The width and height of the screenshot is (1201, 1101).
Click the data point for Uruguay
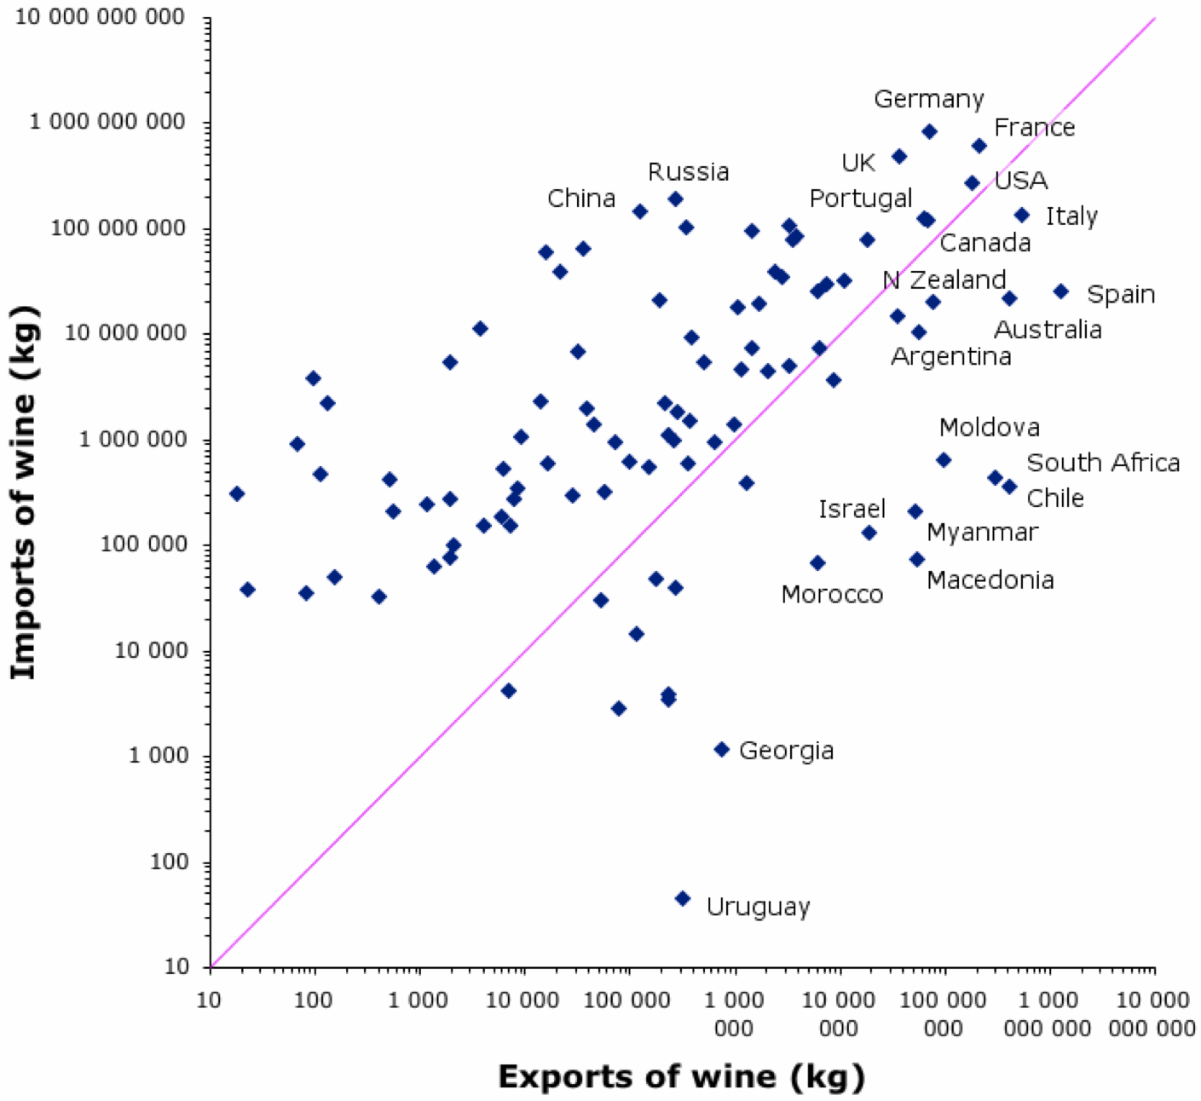point(683,898)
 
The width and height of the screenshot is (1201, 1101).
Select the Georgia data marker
point(722,749)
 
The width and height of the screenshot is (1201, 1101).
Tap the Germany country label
point(929,99)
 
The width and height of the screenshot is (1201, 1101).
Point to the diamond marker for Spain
point(1061,291)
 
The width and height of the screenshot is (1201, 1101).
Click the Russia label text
point(688,172)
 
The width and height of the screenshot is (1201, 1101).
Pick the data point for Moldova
point(944,460)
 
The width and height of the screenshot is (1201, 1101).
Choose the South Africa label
point(1103,463)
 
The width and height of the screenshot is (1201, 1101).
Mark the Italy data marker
point(1022,215)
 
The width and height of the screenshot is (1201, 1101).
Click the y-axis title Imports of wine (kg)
point(24,493)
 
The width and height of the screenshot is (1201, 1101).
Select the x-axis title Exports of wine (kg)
point(681,1076)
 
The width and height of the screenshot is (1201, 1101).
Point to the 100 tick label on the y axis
point(169,862)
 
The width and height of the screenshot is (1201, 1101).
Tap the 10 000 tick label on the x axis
point(523,1000)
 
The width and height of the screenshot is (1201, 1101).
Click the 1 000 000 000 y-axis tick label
point(107,122)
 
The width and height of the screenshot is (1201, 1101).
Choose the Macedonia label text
point(990,580)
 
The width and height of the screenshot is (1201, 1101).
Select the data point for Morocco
point(817,562)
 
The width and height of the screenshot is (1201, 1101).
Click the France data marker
point(979,146)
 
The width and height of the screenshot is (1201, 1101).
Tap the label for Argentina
point(951,356)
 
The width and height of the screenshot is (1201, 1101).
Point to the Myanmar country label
point(982,533)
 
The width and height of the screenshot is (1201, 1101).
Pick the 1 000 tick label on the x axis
point(418,1000)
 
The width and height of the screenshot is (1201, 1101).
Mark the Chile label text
point(1055,499)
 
